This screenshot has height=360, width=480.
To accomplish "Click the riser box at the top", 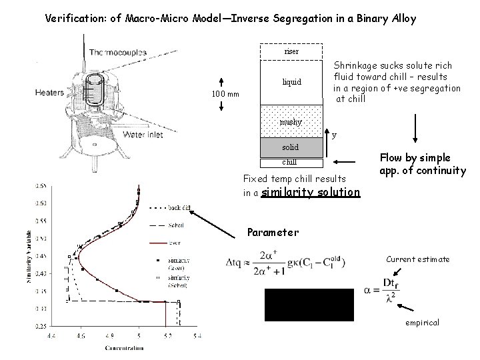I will pos(291,51).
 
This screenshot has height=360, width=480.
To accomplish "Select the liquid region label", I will pos(291,83).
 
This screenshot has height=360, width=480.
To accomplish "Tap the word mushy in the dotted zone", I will pos(291,122).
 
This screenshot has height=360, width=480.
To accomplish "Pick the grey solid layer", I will pos(291,146).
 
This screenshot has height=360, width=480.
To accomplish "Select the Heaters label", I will pos(50,93).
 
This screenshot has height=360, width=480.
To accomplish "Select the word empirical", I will pos(422,323).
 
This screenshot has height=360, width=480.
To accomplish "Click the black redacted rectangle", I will pos(309,305).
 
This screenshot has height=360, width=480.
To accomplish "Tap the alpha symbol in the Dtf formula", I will pos(368,291).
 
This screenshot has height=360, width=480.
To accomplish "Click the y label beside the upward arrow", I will pos(335,135).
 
